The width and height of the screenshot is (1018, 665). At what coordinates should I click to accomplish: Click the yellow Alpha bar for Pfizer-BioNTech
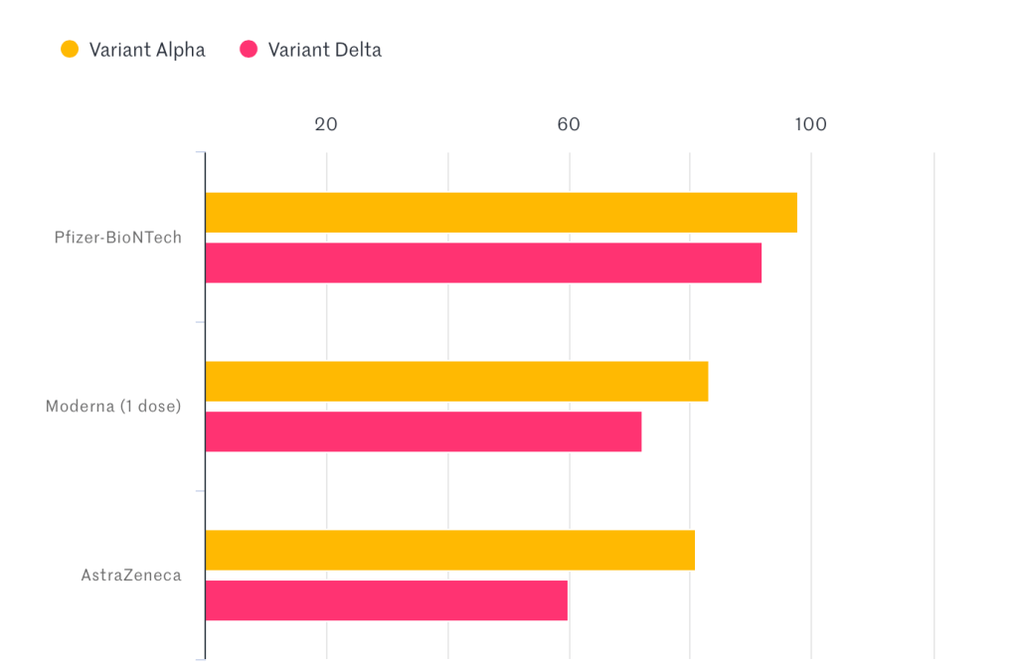(x=501, y=213)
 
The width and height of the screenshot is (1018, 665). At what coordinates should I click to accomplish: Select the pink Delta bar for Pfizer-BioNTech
(x=483, y=263)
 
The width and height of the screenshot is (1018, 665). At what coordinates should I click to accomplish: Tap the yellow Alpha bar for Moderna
(x=456, y=382)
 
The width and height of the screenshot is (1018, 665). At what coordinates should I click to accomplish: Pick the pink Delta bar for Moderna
(x=424, y=432)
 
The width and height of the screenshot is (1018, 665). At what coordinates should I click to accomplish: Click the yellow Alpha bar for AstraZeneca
(x=449, y=551)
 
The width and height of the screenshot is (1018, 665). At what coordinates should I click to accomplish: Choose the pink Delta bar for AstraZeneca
(x=387, y=601)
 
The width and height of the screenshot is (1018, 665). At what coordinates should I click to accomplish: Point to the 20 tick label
(x=326, y=124)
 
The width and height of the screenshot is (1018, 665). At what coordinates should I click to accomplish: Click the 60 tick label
(x=569, y=124)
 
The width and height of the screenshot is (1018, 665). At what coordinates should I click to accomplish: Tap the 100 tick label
(x=810, y=124)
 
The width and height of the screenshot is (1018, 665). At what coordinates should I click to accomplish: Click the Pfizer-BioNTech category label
(x=117, y=238)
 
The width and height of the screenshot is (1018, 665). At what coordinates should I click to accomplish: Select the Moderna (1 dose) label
(x=113, y=407)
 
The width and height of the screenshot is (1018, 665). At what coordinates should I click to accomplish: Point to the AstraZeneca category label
(x=131, y=576)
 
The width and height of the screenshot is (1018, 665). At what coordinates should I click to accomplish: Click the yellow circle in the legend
(x=70, y=49)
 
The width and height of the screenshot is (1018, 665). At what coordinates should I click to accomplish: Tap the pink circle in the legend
(x=249, y=49)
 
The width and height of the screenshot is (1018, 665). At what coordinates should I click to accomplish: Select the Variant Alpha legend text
(x=147, y=50)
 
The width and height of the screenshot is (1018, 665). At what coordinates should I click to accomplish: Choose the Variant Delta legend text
(x=324, y=50)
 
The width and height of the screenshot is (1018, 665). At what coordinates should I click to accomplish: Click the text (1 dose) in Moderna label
(x=149, y=407)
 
